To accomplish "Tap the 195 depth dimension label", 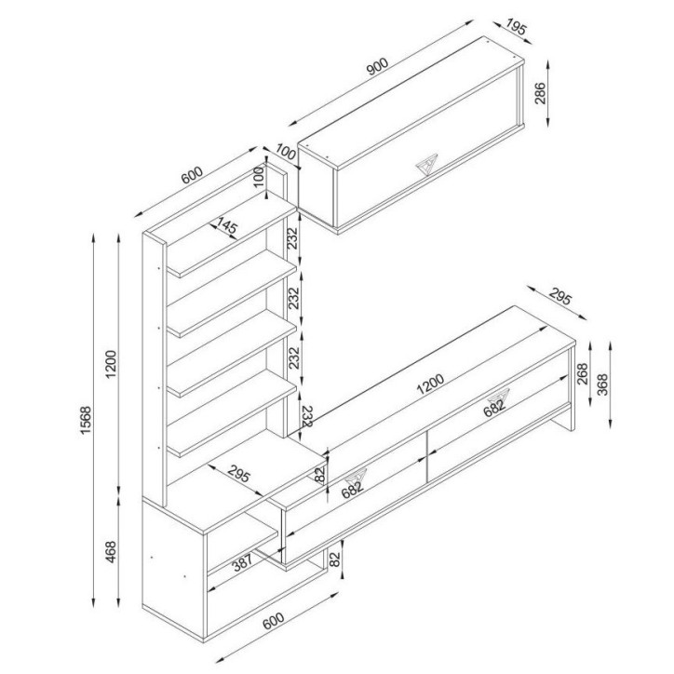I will coord(518,30).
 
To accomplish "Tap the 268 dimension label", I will coord(583,372).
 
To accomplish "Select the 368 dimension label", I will coord(602,383).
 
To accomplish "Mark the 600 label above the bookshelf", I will coord(192,174).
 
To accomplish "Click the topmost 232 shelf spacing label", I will coord(291,237).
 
